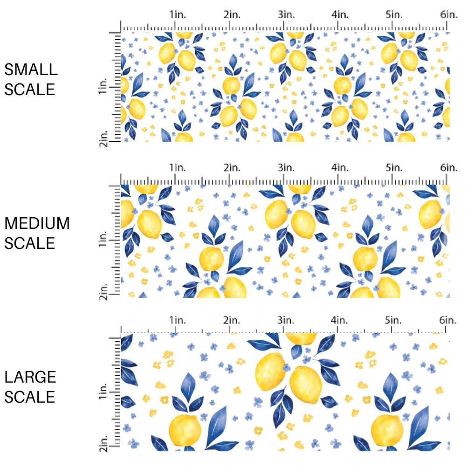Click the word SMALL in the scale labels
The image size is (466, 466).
pos(31,70)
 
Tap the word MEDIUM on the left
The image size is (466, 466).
pos(37,224)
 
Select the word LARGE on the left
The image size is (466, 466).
pos(30,377)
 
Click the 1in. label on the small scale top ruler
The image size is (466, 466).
pos(177,15)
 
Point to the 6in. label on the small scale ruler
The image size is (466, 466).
pos(448,15)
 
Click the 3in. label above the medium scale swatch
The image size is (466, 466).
pos(286,168)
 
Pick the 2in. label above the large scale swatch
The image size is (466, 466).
pos(232,321)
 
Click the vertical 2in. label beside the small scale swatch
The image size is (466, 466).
pos(104,138)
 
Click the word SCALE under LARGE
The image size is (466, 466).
pos(30,397)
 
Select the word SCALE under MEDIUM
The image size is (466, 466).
pos(30,243)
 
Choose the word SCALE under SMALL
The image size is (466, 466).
pos(30,89)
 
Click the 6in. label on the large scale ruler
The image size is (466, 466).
pos(448,321)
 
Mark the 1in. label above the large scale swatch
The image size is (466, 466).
pos(177,321)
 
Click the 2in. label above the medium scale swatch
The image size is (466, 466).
pos(232,168)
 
